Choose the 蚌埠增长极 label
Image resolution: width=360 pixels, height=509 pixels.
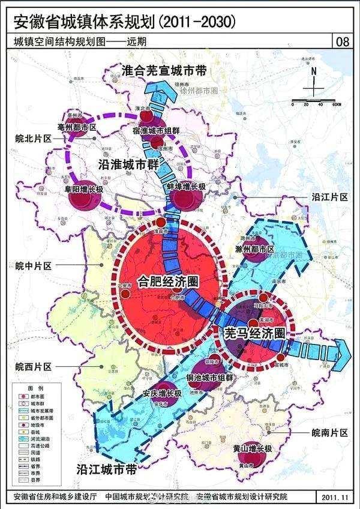186,187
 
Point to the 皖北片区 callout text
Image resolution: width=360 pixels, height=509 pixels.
34,138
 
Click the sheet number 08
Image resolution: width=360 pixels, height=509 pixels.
344,41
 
